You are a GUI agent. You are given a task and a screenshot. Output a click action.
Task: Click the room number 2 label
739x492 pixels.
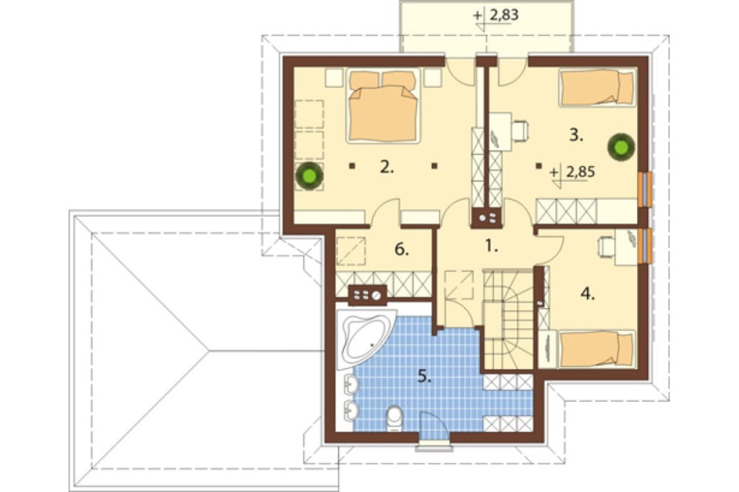[x=386, y=167]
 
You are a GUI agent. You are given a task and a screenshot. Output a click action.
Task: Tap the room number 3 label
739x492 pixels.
[x=576, y=134]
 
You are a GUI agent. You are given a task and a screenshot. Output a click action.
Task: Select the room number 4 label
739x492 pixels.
[x=588, y=294]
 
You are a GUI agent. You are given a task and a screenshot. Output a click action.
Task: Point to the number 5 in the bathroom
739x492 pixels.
[x=424, y=376]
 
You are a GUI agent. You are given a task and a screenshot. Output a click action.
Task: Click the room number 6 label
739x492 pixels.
[x=401, y=249]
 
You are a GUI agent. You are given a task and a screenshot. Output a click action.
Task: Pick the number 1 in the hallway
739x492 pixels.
[x=491, y=245]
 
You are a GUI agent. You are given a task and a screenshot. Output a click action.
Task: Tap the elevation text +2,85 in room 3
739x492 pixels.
[x=573, y=172]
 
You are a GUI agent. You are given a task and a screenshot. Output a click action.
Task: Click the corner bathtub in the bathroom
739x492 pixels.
[x=367, y=338]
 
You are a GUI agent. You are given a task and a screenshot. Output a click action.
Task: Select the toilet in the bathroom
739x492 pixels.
[x=394, y=418]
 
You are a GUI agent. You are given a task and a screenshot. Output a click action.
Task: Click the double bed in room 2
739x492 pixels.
[x=383, y=106]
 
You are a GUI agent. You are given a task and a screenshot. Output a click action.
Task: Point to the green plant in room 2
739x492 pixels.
[x=309, y=177]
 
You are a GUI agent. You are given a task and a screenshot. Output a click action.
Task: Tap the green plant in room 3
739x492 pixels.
[x=621, y=147]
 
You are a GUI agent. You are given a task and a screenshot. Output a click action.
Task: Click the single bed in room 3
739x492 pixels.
[x=596, y=88]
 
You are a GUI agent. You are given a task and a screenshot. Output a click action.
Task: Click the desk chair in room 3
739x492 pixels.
[x=520, y=131]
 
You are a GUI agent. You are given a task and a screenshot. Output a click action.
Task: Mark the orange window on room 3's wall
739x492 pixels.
[x=644, y=189]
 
